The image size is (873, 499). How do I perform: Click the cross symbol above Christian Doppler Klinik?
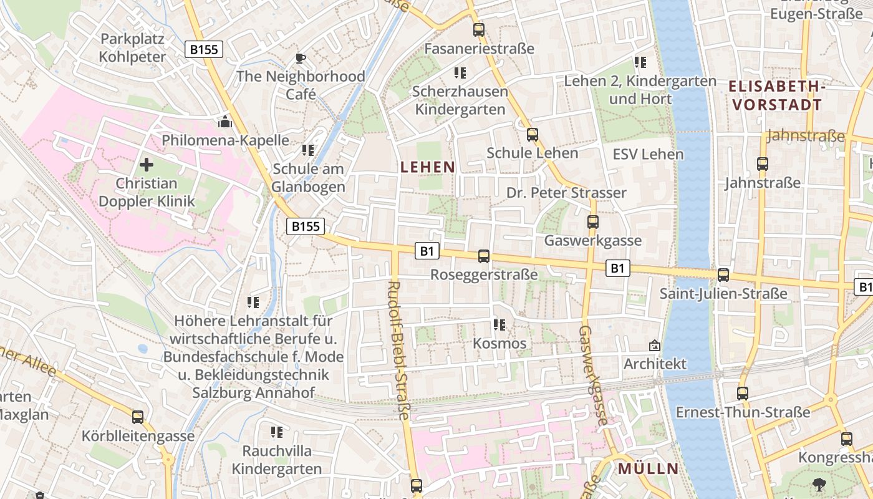pos(147,165)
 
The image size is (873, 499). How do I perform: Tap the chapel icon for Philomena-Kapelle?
pos(225,121)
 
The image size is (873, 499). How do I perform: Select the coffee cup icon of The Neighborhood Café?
pos(301,58)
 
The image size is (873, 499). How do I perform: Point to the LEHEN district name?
pos(428,167)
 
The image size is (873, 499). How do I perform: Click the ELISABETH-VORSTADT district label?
pos(777,95)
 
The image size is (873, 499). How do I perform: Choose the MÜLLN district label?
pos(648,469)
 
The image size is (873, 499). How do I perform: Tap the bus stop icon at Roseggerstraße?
pos(484,256)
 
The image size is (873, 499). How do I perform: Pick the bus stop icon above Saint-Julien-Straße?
pos(723,274)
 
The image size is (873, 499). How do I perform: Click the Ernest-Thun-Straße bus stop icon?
pos(742,394)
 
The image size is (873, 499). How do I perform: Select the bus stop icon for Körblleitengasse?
pos(138,417)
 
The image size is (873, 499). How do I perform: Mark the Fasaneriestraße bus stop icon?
pos(478,29)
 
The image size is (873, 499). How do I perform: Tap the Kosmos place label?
pos(499,344)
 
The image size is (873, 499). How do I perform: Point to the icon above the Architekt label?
pos(655,345)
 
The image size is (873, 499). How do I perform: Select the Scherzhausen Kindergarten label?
pos(460,100)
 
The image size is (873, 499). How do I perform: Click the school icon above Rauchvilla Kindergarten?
pos(277,432)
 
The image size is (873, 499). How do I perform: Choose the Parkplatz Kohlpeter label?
pos(132,48)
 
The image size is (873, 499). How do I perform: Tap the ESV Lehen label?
pos(648,154)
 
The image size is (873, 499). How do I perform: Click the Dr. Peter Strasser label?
pos(566,193)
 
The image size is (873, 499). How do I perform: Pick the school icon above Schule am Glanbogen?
pos(308,150)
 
